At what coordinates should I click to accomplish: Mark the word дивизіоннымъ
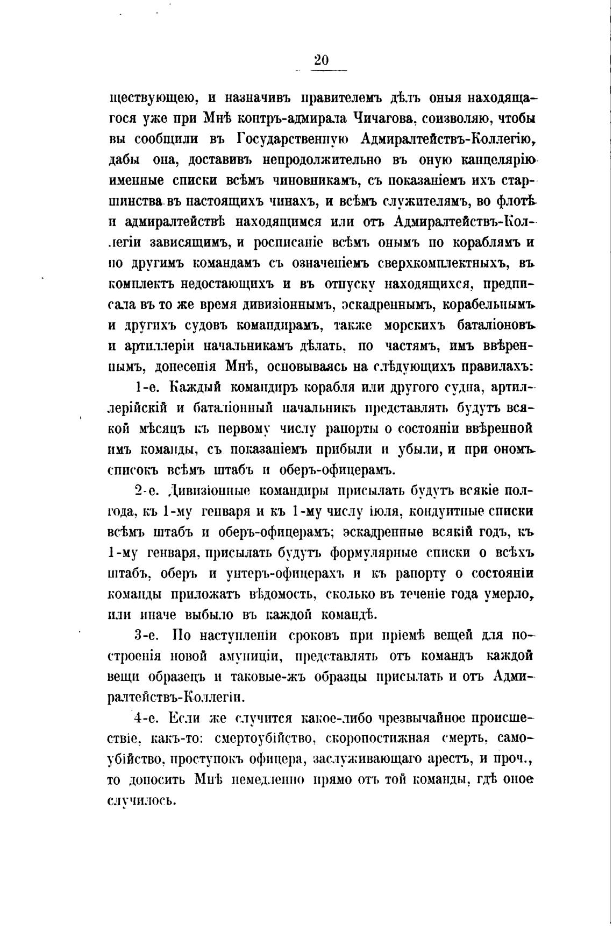coord(276,305)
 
